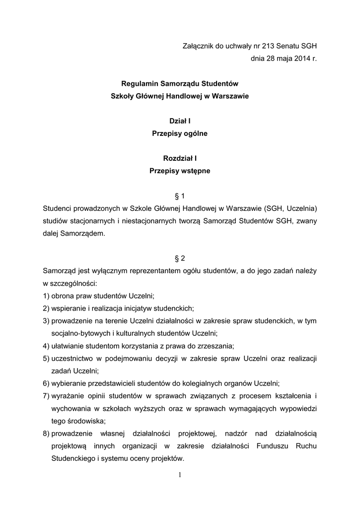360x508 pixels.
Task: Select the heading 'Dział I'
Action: point(180,121)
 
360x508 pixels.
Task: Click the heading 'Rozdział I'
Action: point(180,158)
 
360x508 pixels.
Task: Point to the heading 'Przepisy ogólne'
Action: point(180,133)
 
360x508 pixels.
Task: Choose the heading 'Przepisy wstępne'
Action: point(180,171)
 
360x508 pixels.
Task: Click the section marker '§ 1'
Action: point(180,196)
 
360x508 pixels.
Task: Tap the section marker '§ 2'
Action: point(180,258)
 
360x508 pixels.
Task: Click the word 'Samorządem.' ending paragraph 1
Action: point(74,233)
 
